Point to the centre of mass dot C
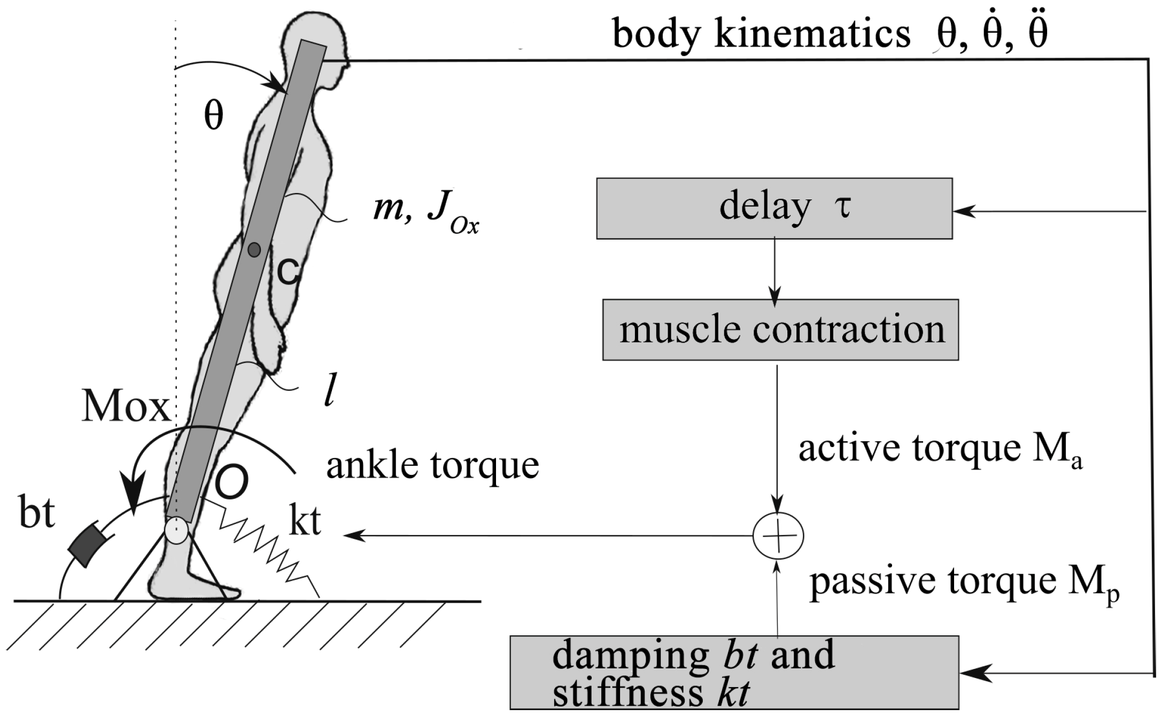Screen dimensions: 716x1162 point(255,249)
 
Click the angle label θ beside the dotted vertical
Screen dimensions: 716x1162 point(213,116)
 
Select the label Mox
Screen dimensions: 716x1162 point(126,409)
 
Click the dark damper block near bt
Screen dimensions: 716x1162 point(87,545)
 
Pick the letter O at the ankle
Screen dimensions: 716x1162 point(231,483)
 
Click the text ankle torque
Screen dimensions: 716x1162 point(432,466)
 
